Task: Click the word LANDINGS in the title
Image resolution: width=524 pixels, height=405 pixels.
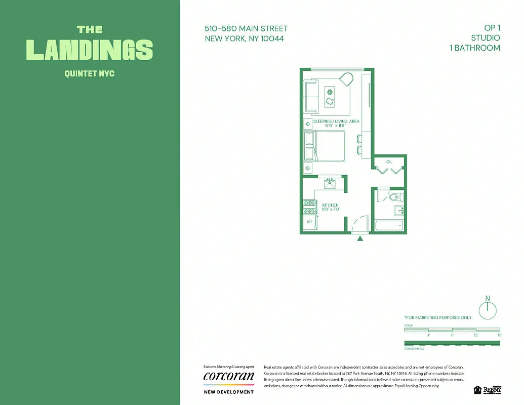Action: pos(90,50)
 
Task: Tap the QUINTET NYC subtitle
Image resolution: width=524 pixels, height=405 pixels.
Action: pos(90,74)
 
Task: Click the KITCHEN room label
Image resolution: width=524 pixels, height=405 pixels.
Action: pos(331,205)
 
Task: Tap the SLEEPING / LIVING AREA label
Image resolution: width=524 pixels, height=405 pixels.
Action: pos(336,121)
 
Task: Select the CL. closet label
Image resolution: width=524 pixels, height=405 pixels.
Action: pos(389,162)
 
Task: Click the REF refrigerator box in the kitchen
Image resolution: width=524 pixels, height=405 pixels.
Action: pos(308,222)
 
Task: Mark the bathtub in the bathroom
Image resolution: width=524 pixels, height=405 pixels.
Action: pos(389,225)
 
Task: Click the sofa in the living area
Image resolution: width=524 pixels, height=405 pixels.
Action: pos(311,96)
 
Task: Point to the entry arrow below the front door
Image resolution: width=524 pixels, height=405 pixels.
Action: pos(360,238)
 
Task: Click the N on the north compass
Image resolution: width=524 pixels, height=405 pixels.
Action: pos(488,298)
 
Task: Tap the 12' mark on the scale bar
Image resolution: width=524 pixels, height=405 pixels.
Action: pos(476,335)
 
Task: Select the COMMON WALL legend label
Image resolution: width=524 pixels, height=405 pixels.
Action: pos(414,349)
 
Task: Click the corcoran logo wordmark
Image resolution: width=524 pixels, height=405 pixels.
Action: pos(228,376)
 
